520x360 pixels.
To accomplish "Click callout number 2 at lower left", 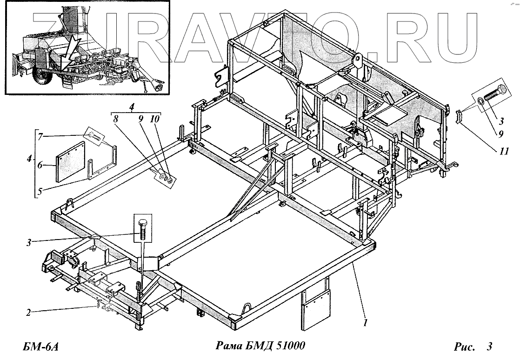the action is (29, 313).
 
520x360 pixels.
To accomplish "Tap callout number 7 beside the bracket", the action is (40, 136).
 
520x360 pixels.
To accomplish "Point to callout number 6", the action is (40, 164).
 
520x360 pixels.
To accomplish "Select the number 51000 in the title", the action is (289, 347).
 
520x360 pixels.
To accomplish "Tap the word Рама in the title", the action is (231, 347).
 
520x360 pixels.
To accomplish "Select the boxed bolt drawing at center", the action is (143, 228).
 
